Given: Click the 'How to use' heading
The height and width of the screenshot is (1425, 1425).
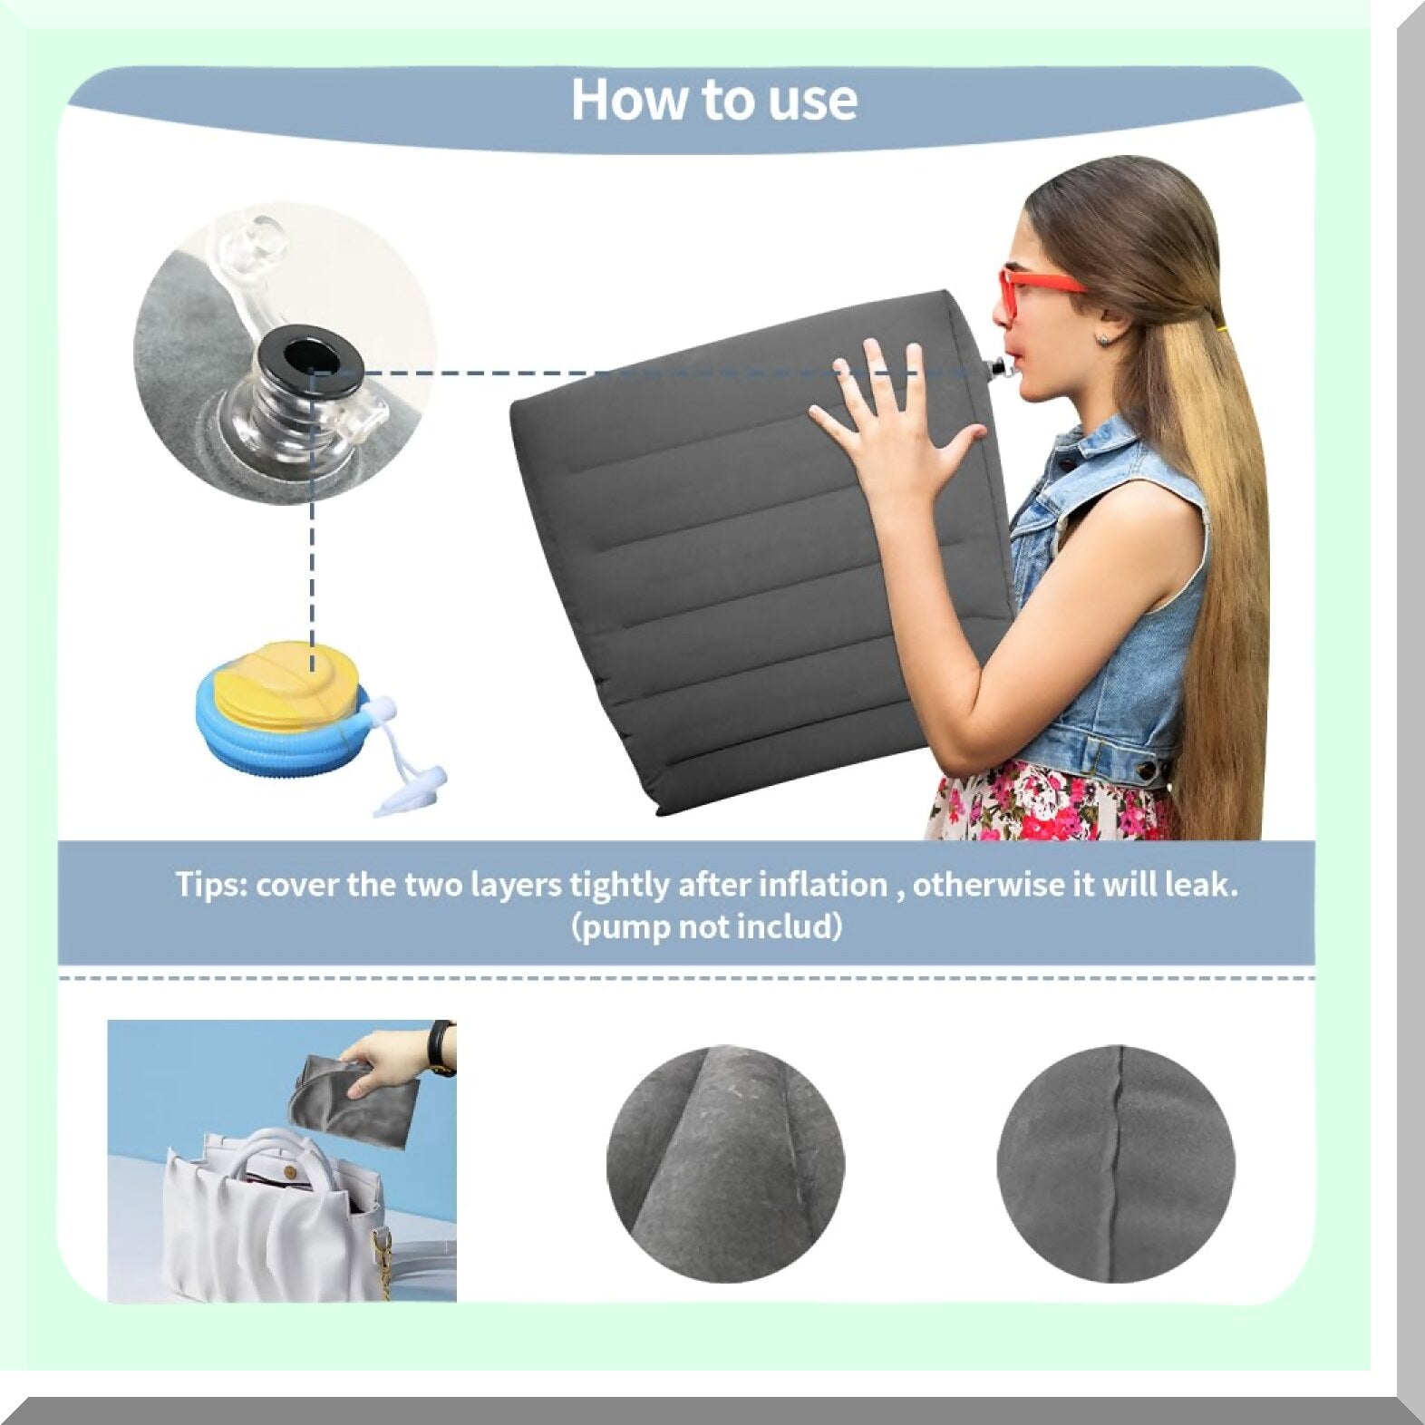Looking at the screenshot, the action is pyautogui.click(x=713, y=99).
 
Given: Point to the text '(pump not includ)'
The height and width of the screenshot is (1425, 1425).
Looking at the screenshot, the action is pyautogui.click(x=707, y=927).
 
